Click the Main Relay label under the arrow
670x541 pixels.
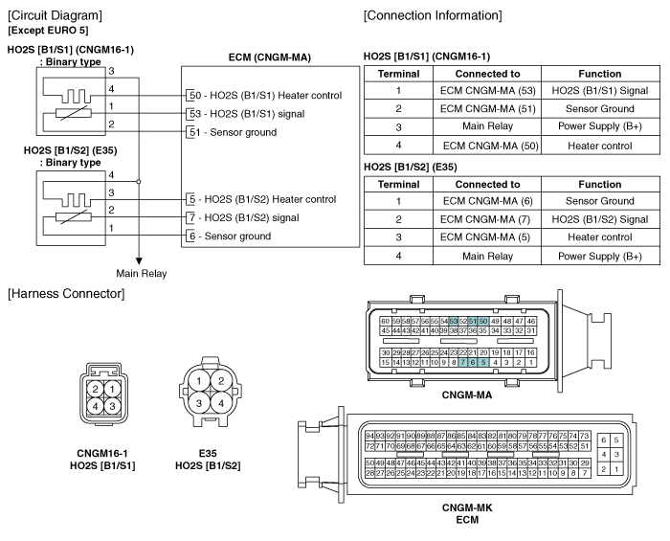(142, 274)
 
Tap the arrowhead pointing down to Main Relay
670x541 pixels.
(139, 261)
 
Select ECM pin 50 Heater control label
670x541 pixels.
(266, 96)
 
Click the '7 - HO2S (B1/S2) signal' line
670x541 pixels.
(244, 218)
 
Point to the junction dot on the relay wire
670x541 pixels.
(139, 182)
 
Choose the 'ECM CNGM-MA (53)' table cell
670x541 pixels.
(487, 91)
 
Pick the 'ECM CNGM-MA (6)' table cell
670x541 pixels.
(487, 201)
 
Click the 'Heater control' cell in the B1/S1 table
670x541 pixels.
(600, 146)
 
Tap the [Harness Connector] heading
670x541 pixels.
(66, 294)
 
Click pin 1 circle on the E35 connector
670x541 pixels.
(199, 381)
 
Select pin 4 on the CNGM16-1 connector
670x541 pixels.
(96, 406)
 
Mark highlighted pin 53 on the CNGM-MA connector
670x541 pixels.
(454, 321)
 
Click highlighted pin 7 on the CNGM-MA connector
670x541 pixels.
(462, 362)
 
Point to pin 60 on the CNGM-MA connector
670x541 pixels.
(385, 321)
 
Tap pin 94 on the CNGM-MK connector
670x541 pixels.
(369, 436)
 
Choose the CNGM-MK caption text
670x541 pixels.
(467, 507)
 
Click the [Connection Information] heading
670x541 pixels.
(433, 16)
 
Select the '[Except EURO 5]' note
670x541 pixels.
(48, 31)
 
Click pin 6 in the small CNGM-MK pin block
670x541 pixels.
(604, 440)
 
